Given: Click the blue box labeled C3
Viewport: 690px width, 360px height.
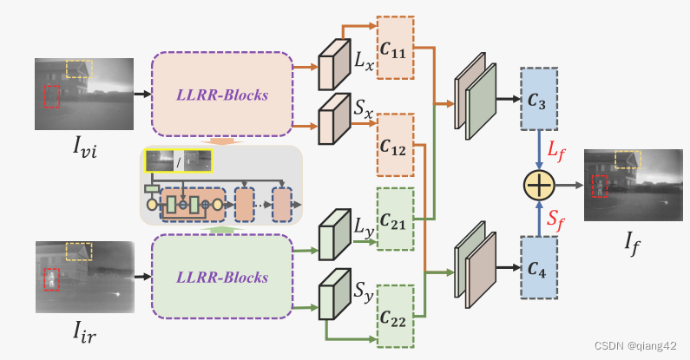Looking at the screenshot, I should click(538, 97).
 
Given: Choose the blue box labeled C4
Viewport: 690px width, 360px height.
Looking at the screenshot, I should click(538, 266).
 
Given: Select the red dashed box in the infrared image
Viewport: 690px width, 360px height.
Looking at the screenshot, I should click(53, 279).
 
